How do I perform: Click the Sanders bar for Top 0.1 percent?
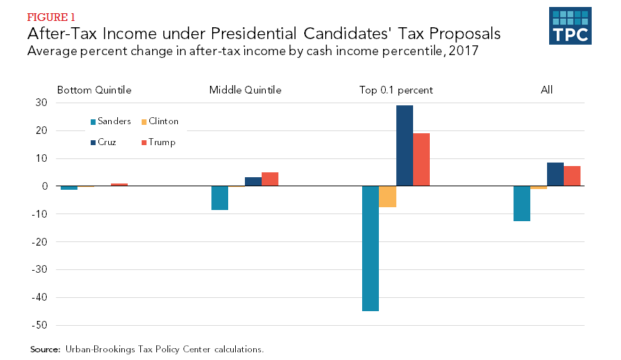(371, 248)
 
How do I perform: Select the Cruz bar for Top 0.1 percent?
(405, 146)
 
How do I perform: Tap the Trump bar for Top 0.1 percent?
(421, 160)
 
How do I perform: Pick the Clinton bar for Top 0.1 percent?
(388, 197)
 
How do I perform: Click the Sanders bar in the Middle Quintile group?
(220, 198)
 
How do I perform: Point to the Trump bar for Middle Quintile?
(270, 179)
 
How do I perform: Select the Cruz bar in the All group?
(555, 174)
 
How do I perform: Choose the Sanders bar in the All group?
(522, 204)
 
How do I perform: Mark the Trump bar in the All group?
(572, 176)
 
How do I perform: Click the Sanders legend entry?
(110, 121)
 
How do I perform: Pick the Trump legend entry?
(158, 142)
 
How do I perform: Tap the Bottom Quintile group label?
(94, 90)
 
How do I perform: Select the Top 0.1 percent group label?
(396, 90)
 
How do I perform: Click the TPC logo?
(570, 27)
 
